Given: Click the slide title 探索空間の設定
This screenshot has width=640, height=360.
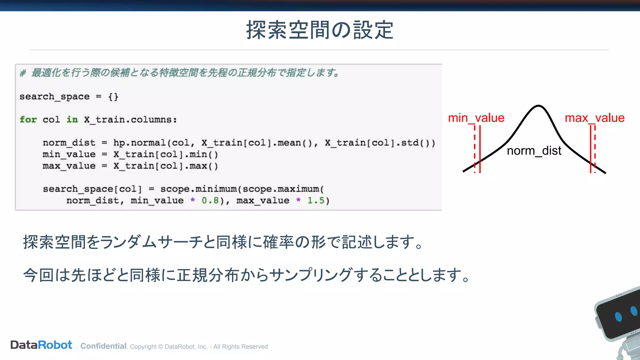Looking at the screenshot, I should (320, 30).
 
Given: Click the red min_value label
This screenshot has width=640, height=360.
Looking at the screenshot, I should (476, 118).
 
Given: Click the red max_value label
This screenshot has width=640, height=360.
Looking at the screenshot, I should (594, 118).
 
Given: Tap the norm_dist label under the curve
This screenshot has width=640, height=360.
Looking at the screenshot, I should (534, 151).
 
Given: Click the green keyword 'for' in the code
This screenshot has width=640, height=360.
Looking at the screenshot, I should (28, 120).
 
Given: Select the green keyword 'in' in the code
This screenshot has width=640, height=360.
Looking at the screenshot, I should (72, 120).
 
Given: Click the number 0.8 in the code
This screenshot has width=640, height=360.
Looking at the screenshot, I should (210, 201).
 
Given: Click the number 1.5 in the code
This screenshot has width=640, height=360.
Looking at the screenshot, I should (316, 201).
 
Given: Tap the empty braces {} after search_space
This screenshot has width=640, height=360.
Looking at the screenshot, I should (113, 97).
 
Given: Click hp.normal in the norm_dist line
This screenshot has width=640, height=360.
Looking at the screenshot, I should (139, 143).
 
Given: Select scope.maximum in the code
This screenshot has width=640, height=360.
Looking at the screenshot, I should (281, 189).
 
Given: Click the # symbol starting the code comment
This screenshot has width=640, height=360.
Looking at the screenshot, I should (22, 73).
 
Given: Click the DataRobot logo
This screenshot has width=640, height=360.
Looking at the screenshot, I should (41, 345).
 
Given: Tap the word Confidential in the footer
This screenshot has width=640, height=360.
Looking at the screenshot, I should (103, 346).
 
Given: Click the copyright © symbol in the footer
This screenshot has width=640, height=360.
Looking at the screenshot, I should (161, 347).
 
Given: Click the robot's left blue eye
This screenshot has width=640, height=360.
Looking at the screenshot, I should (618, 317).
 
